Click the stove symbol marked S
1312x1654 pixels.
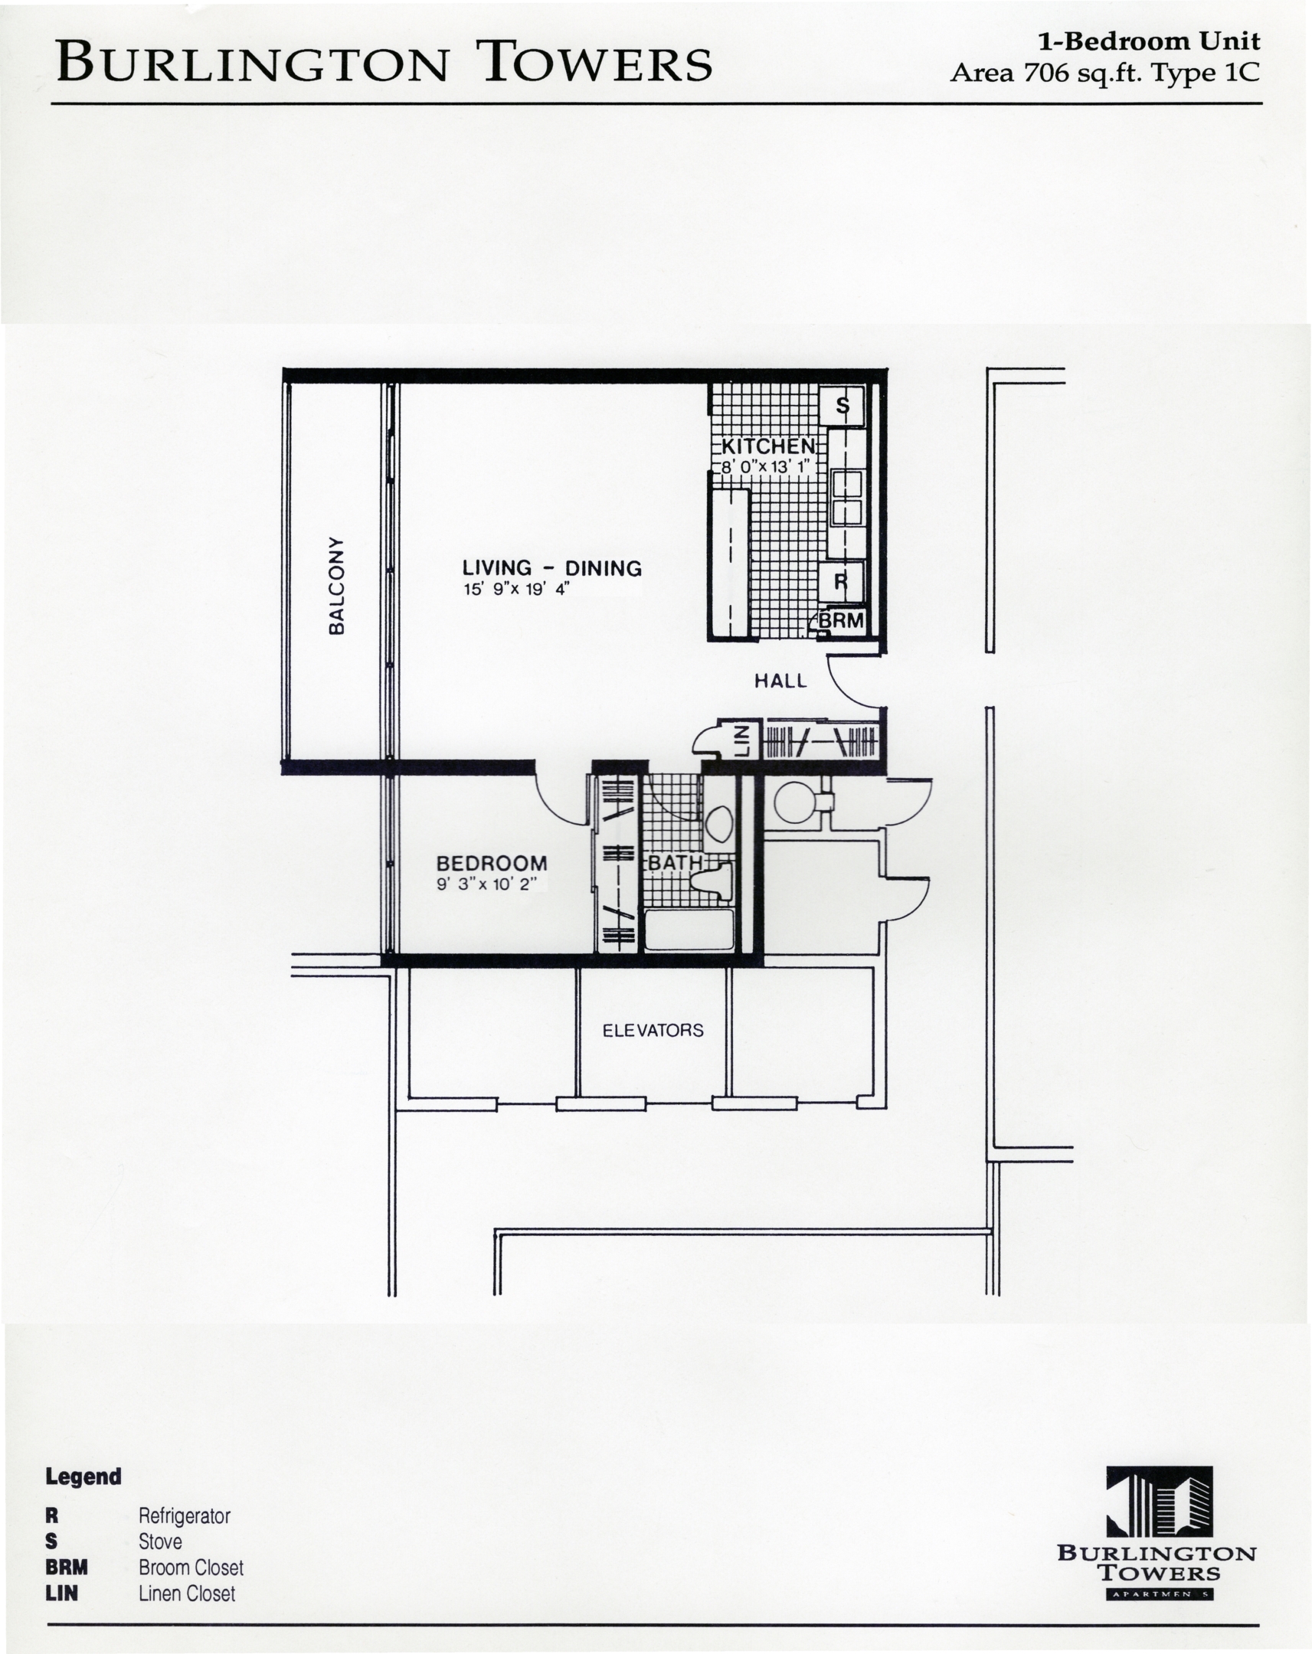point(842,405)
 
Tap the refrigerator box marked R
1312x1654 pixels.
point(842,581)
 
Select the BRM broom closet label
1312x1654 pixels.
point(842,619)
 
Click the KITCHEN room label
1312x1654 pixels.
point(768,446)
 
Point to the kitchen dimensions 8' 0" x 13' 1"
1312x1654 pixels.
point(765,466)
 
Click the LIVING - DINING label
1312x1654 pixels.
point(551,567)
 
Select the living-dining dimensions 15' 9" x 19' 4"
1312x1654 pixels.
point(515,589)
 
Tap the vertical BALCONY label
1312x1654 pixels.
point(336,585)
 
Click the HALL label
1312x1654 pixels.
point(780,681)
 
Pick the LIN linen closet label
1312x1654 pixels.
point(742,741)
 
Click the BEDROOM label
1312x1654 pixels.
point(492,863)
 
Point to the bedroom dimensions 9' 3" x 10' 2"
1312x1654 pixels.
point(486,884)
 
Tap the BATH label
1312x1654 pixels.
point(676,862)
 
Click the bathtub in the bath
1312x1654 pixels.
point(689,929)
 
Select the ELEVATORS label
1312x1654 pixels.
point(653,1030)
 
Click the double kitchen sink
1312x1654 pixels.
point(846,498)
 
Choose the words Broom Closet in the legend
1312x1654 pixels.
point(191,1567)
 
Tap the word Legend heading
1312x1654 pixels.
point(83,1477)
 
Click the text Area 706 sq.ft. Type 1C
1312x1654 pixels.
point(1105,73)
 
